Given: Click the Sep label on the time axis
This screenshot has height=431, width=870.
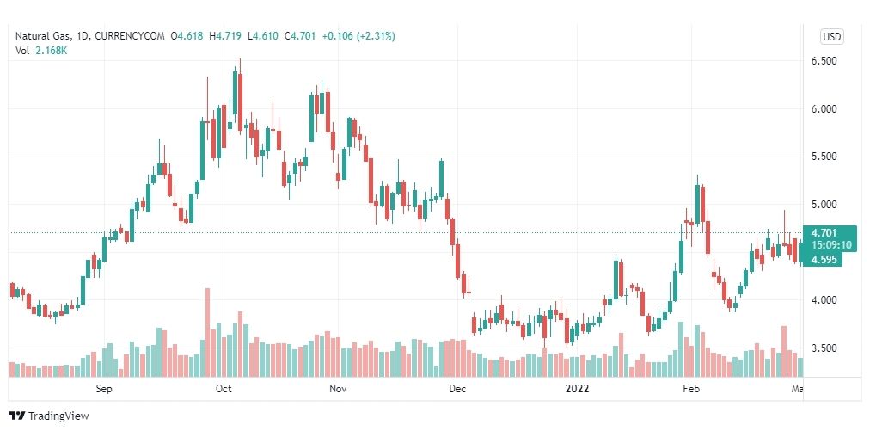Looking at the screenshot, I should coord(104,389).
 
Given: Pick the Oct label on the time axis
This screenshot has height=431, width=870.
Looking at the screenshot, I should coord(224,389).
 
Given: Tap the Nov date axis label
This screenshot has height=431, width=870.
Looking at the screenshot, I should coord(338,389).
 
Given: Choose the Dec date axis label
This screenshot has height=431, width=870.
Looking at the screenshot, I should coord(457,389).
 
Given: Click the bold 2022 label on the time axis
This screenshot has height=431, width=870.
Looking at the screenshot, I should coord(577,389).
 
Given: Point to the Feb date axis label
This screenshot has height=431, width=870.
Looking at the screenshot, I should coord(690,389).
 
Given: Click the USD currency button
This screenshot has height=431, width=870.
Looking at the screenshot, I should coord(831,36).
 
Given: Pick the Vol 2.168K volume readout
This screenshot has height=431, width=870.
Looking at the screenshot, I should coord(41,50).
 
